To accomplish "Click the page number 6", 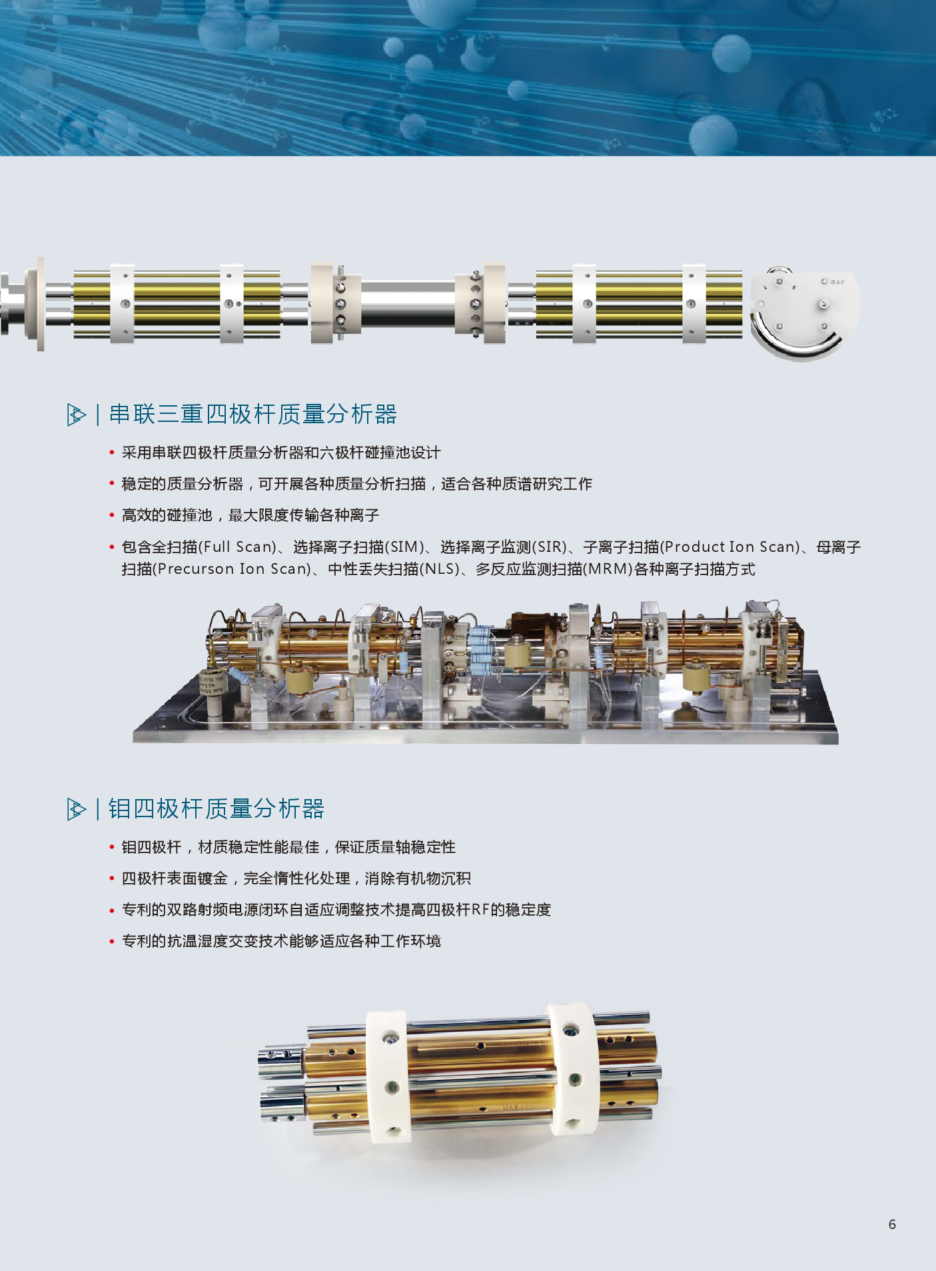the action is [x=892, y=1224].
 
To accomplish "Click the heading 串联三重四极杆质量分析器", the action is [x=253, y=414].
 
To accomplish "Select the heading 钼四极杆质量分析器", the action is [x=217, y=808].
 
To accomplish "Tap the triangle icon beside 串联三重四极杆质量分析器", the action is [x=77, y=415].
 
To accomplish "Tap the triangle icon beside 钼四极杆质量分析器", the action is [x=77, y=809].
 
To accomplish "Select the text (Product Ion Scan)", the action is [x=731, y=547].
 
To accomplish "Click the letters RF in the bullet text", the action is [x=480, y=910].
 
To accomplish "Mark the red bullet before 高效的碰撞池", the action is [x=112, y=516].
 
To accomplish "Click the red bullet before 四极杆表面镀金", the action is [x=112, y=879].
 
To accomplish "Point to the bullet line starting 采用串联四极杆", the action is [x=281, y=453].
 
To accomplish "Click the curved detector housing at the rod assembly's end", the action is [x=806, y=313].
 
